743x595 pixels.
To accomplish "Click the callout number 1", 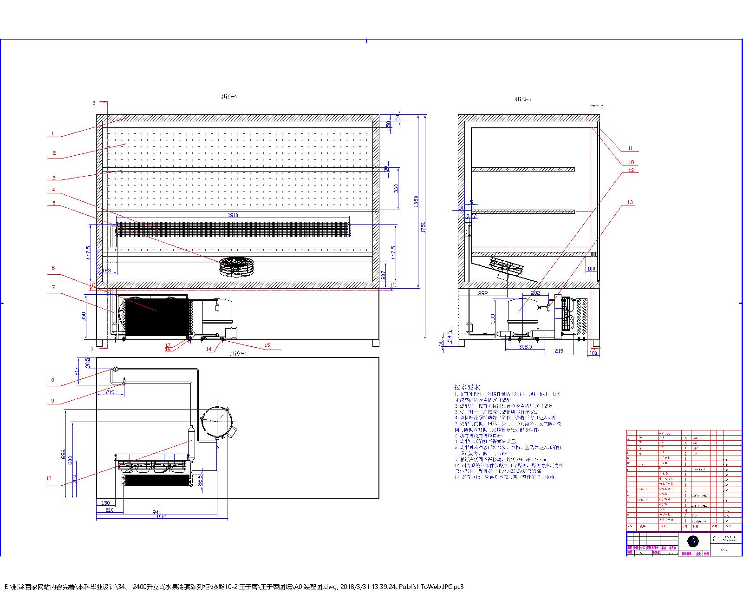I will click(x=52, y=134).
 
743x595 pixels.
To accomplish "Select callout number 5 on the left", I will click(x=54, y=203).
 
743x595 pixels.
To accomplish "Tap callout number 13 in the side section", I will click(x=630, y=202).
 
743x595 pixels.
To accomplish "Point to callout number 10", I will click(x=49, y=478).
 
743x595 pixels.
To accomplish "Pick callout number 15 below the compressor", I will click(x=267, y=345).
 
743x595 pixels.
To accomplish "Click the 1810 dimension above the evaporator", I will click(x=233, y=215).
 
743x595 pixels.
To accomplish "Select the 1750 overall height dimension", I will click(x=423, y=227).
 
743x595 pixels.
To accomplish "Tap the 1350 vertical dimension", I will click(x=417, y=201).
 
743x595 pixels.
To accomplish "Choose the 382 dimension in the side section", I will click(x=483, y=293).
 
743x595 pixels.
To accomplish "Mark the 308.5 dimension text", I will click(x=525, y=347).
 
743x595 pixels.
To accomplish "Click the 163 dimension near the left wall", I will click(x=106, y=270).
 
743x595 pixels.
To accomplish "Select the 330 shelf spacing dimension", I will click(x=396, y=188).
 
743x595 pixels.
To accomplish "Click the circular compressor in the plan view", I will click(x=217, y=421).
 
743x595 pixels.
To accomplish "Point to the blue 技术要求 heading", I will click(x=467, y=387).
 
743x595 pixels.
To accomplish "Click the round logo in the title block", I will click(x=693, y=541).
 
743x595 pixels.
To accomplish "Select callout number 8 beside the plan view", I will click(x=52, y=380).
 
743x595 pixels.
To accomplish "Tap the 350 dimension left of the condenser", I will click(x=84, y=316).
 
